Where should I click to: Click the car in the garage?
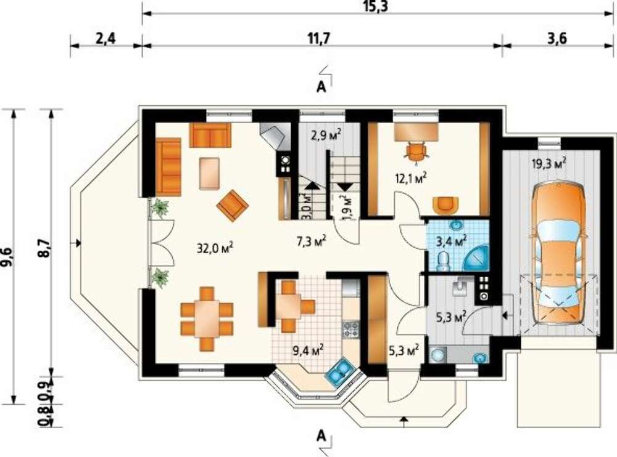pyautogui.click(x=558, y=253)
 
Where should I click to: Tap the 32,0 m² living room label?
pyautogui.click(x=215, y=248)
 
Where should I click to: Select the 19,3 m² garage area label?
pyautogui.click(x=549, y=163)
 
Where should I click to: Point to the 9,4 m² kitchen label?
pyautogui.click(x=308, y=349)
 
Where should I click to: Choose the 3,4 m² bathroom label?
pyautogui.click(x=452, y=241)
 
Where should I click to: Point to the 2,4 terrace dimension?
pyautogui.click(x=106, y=39)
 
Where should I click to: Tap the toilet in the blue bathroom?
pyautogui.click(x=443, y=261)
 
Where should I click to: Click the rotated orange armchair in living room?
pyautogui.click(x=233, y=206)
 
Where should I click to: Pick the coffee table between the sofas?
pyautogui.click(x=209, y=173)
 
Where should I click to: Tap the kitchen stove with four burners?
pyautogui.click(x=350, y=330)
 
